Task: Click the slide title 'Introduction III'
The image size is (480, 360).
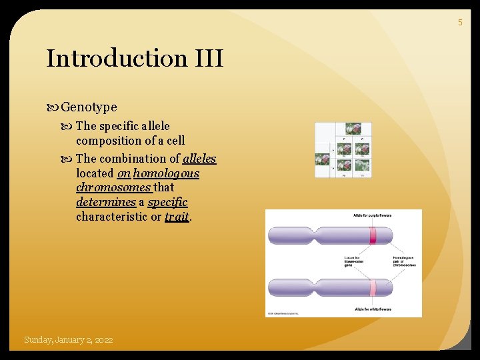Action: click(134, 59)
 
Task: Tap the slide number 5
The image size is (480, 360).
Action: click(459, 23)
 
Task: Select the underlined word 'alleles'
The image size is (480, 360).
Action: click(199, 159)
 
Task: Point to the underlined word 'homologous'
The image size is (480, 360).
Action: click(167, 173)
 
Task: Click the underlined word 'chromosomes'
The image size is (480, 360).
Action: click(113, 187)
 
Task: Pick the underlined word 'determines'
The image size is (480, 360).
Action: click(106, 202)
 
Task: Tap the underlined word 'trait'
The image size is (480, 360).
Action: click(177, 217)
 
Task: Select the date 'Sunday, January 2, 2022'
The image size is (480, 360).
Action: click(68, 340)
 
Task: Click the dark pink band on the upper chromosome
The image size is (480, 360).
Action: click(373, 235)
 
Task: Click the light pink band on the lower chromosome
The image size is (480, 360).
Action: click(373, 288)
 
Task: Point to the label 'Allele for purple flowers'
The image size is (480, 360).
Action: click(372, 215)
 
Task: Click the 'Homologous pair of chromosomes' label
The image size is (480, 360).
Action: click(405, 261)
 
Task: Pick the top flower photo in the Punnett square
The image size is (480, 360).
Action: click(357, 129)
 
